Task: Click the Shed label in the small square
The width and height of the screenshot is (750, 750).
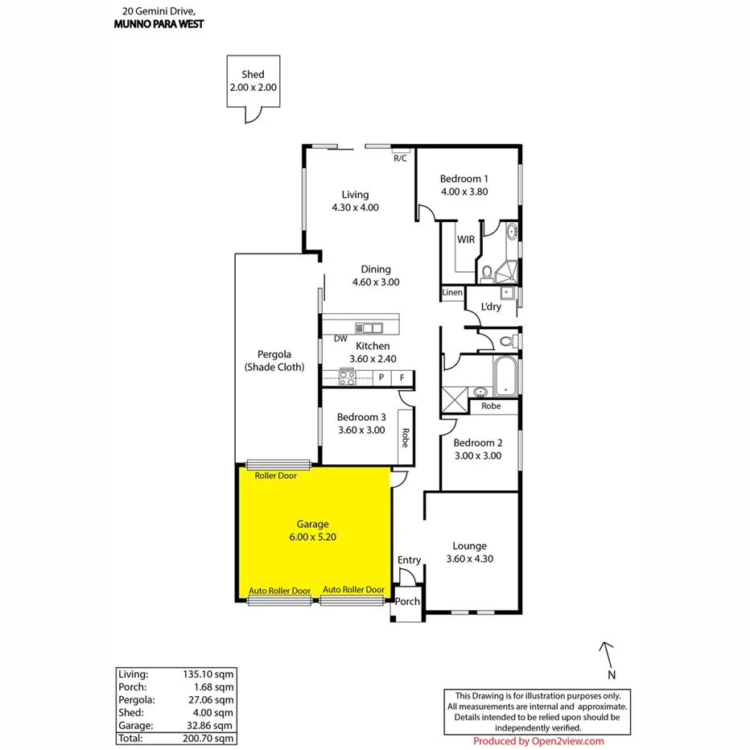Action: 253,75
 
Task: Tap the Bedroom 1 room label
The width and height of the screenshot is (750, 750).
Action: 464,179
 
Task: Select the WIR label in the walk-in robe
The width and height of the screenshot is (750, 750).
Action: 466,240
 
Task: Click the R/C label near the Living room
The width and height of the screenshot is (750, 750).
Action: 400,159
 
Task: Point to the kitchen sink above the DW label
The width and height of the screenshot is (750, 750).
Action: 371,328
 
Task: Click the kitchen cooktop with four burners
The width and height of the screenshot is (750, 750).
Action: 348,377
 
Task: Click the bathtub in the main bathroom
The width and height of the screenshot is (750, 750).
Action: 505,376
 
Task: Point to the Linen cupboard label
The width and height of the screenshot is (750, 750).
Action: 452,292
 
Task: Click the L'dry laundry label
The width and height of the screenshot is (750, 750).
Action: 491,307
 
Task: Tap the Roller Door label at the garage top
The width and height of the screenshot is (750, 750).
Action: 275,476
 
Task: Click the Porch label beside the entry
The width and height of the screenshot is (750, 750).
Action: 408,601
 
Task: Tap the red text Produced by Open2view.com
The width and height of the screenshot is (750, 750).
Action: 538,741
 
